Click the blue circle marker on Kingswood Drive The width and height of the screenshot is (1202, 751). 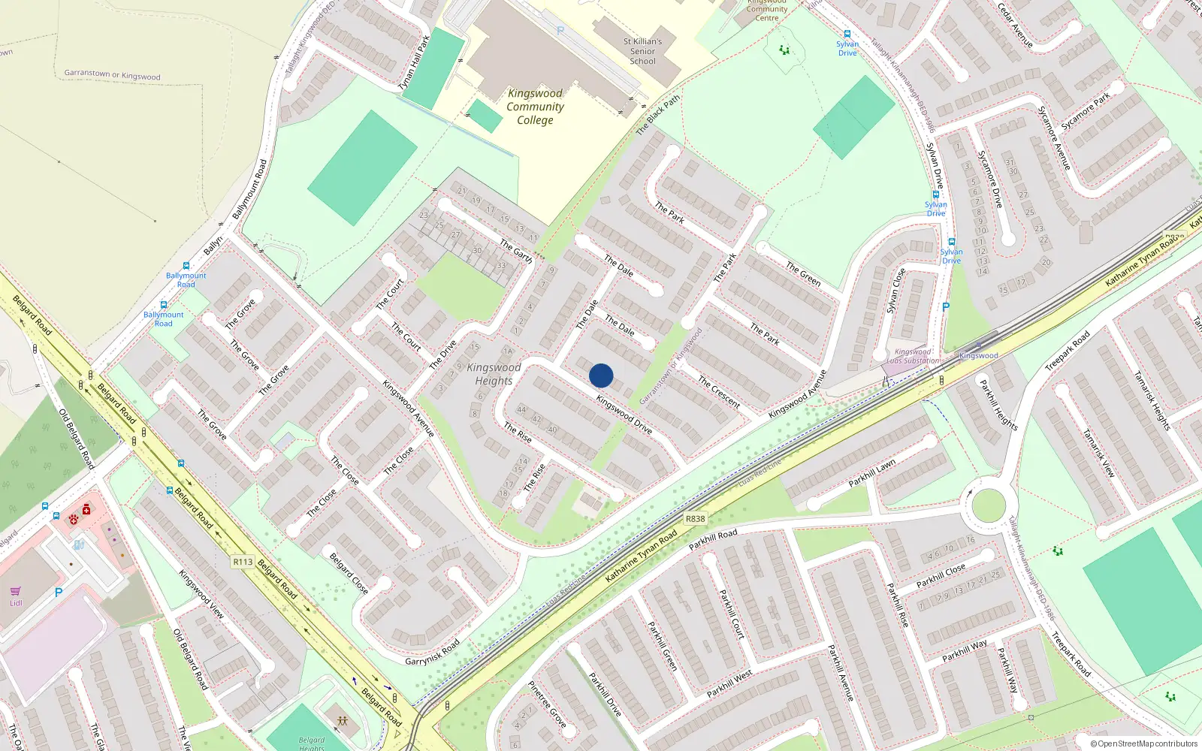click(x=601, y=375)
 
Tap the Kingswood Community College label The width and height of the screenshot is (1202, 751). click(x=535, y=107)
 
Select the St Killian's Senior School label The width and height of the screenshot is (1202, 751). click(x=642, y=51)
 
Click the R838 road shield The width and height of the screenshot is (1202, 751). click(x=695, y=518)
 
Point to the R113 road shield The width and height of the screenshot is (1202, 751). click(x=243, y=562)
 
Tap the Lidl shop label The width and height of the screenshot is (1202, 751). click(x=16, y=603)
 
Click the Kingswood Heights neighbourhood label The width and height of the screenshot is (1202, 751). click(x=494, y=374)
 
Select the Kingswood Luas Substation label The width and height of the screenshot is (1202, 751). click(x=913, y=356)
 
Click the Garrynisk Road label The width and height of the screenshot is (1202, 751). click(x=432, y=652)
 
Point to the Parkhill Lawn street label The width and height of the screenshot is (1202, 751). click(x=872, y=474)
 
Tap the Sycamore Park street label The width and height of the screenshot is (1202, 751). click(x=1086, y=111)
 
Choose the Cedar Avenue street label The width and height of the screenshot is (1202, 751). click(x=1015, y=25)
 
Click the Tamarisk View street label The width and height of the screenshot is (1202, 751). click(x=1098, y=453)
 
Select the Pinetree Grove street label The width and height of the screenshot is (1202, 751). click(x=547, y=704)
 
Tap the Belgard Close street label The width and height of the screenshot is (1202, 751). click(x=349, y=573)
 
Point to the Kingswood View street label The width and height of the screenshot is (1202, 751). click(x=201, y=593)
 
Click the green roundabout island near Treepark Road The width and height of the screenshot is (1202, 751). click(x=989, y=505)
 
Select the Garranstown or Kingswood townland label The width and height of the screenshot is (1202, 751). click(x=112, y=74)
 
